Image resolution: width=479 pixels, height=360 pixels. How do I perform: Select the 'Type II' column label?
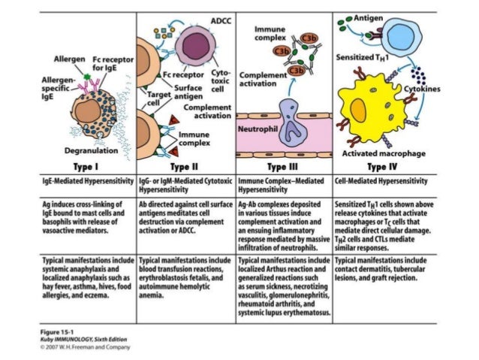coord(185,167)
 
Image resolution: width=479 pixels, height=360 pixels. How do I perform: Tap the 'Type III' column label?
coord(285,167)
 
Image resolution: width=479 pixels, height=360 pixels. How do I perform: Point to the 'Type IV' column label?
coord(381,167)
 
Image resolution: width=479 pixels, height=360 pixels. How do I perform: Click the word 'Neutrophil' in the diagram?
coord(258,129)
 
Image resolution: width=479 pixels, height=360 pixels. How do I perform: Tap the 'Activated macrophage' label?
coord(384,153)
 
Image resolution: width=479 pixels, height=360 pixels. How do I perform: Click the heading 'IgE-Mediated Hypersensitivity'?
coord(87,182)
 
